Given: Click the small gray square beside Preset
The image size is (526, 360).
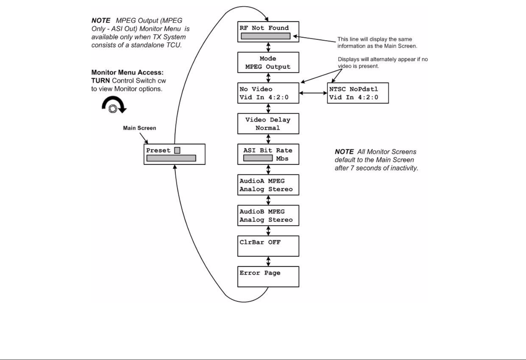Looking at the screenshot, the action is [x=177, y=150].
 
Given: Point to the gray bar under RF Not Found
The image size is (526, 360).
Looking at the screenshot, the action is [x=266, y=36].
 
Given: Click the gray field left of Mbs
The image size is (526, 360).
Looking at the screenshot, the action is [x=258, y=158].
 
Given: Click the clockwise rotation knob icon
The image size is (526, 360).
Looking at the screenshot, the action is [x=114, y=105].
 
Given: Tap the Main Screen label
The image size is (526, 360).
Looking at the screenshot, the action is [x=140, y=128].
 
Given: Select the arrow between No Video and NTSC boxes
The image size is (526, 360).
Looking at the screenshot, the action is [x=313, y=93].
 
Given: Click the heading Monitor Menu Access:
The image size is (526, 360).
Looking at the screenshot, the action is [x=127, y=72].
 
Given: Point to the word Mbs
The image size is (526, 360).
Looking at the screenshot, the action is [x=282, y=158].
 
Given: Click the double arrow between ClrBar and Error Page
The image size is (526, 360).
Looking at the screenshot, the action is [x=268, y=261].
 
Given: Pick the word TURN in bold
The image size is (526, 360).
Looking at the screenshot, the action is [x=100, y=81].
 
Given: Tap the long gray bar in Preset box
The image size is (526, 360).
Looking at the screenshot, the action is [x=171, y=158].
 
